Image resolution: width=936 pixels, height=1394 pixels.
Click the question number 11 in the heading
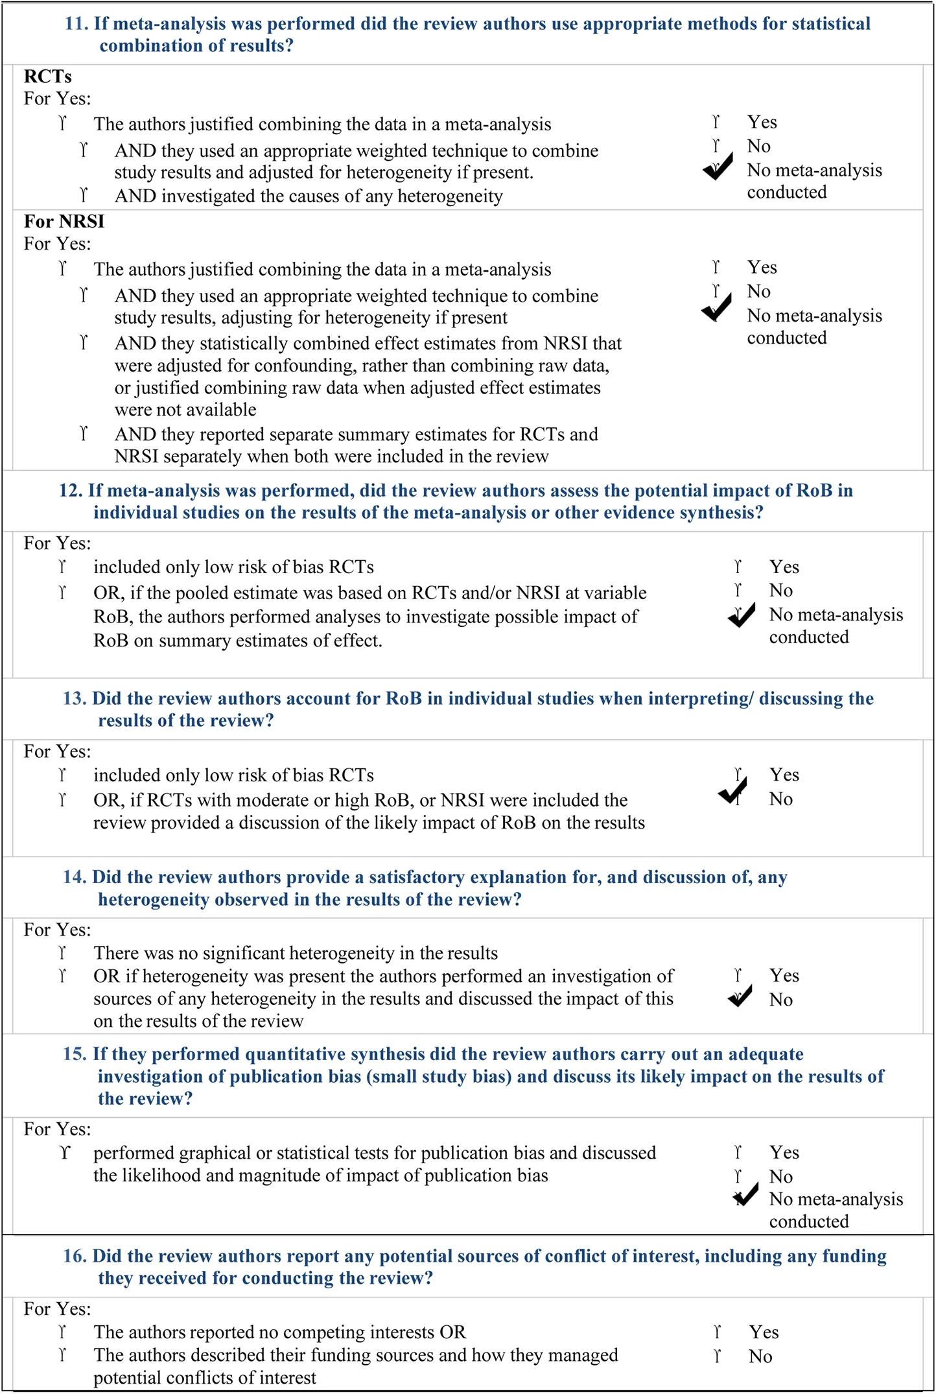click(76, 24)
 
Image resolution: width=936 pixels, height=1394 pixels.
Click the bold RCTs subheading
click(47, 77)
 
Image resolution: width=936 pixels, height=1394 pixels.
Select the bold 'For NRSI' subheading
click(64, 222)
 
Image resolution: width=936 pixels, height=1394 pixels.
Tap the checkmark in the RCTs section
click(718, 167)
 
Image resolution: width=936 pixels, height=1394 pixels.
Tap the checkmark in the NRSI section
click(717, 308)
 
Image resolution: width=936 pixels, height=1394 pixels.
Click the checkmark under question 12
click(742, 615)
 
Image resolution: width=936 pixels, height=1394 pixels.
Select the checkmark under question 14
click(740, 996)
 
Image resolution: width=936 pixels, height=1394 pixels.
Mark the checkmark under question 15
click(746, 1194)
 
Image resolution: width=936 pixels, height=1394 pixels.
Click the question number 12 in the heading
click(71, 491)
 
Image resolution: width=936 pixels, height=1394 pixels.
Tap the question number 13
click(75, 699)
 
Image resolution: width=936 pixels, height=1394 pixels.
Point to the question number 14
click(75, 877)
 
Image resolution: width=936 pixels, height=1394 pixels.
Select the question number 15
click(75, 1054)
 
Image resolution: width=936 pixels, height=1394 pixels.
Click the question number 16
click(75, 1257)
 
